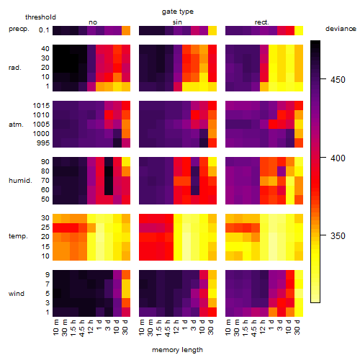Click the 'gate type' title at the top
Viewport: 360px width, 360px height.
click(178, 12)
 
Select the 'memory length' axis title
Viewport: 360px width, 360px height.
click(177, 350)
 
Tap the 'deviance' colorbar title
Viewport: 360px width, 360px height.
click(341, 29)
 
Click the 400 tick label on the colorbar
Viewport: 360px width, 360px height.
click(338, 158)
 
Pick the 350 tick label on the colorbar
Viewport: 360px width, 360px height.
click(338, 235)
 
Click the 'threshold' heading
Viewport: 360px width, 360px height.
click(40, 17)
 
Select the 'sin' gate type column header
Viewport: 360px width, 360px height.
click(177, 22)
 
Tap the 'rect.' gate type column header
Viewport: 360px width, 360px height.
click(261, 22)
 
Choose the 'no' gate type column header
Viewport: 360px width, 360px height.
click(93, 22)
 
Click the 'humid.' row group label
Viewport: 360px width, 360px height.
click(20, 181)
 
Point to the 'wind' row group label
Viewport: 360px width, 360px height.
click(17, 293)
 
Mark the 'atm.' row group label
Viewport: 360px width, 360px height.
click(16, 125)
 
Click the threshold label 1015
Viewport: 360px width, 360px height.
click(41, 106)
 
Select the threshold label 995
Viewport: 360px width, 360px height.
click(43, 143)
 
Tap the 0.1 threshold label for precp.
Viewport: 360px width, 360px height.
click(44, 30)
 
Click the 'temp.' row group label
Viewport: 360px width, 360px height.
click(18, 236)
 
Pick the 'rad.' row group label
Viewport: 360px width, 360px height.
click(15, 68)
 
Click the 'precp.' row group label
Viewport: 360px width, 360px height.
click(19, 29)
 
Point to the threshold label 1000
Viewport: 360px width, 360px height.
click(41, 134)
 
